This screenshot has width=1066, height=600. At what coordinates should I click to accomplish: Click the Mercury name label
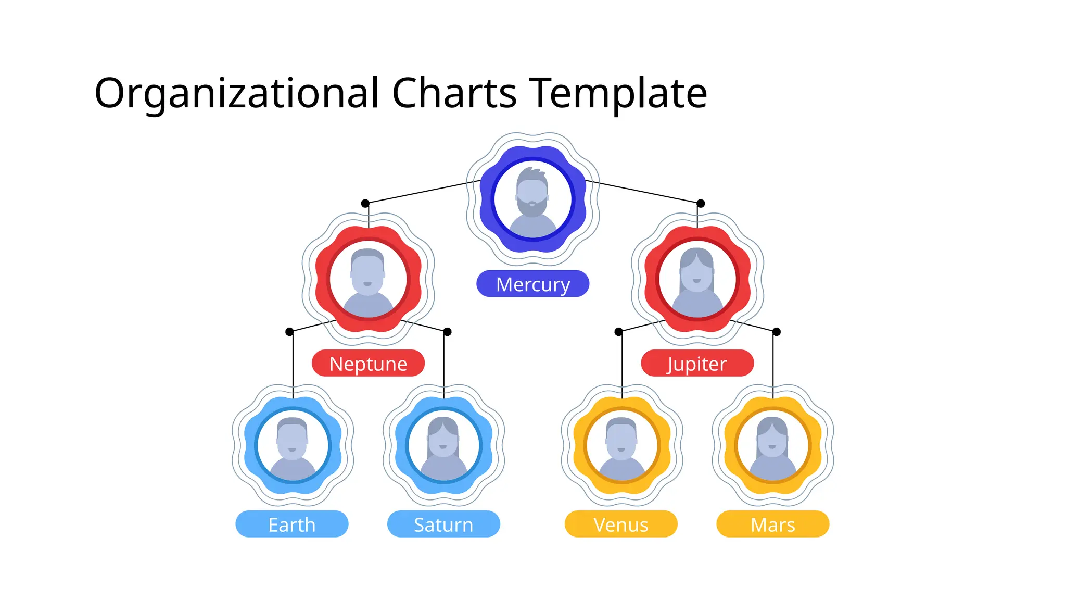click(x=532, y=284)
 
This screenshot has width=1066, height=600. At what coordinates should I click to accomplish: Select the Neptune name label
click(x=368, y=364)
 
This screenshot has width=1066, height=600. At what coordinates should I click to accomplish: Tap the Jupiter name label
click(x=697, y=364)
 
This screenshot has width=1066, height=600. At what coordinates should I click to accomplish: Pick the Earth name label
click(x=291, y=524)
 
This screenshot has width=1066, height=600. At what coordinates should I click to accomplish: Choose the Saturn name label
click(x=443, y=524)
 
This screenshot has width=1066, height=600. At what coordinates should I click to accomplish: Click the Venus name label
click(x=621, y=524)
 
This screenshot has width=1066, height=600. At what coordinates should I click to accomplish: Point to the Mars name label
click(x=772, y=524)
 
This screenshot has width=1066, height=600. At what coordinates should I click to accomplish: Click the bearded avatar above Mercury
click(x=532, y=201)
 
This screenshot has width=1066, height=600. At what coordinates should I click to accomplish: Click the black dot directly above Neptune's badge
click(x=365, y=203)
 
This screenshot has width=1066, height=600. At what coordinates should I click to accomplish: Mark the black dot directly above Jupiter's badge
click(x=701, y=203)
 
